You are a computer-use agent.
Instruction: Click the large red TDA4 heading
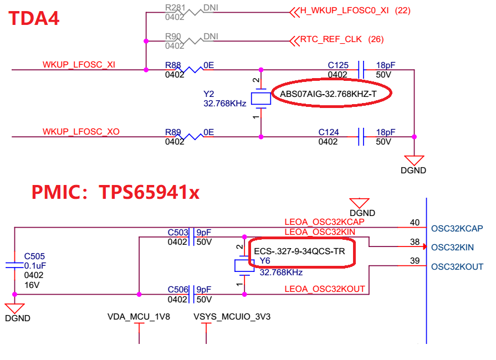(x=34, y=18)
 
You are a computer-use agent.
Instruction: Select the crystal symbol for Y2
(x=261, y=99)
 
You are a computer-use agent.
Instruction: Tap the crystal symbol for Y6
(x=244, y=265)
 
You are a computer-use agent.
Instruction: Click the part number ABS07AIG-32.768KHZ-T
(x=328, y=94)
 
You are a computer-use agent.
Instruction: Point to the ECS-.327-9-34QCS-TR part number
(x=299, y=251)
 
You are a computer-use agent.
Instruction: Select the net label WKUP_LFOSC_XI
(x=79, y=64)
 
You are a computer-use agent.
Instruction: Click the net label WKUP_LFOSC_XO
(x=81, y=131)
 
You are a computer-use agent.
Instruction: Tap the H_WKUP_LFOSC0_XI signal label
(x=344, y=11)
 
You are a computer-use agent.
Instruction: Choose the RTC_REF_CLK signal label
(x=330, y=39)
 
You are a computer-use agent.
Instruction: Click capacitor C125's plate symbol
(x=361, y=70)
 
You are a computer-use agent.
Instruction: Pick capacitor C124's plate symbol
(x=361, y=137)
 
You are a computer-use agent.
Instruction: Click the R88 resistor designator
(x=173, y=65)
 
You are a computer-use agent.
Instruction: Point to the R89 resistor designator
(x=173, y=132)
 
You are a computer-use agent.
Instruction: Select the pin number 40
(x=415, y=223)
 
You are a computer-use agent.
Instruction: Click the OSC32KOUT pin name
(x=457, y=267)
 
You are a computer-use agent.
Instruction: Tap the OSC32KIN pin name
(x=452, y=248)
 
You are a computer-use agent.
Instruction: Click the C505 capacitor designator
(x=34, y=256)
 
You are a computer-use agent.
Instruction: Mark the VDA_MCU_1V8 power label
(x=139, y=317)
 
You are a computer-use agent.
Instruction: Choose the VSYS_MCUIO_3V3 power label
(x=232, y=317)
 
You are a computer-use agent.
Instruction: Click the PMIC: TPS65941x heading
(x=115, y=192)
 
